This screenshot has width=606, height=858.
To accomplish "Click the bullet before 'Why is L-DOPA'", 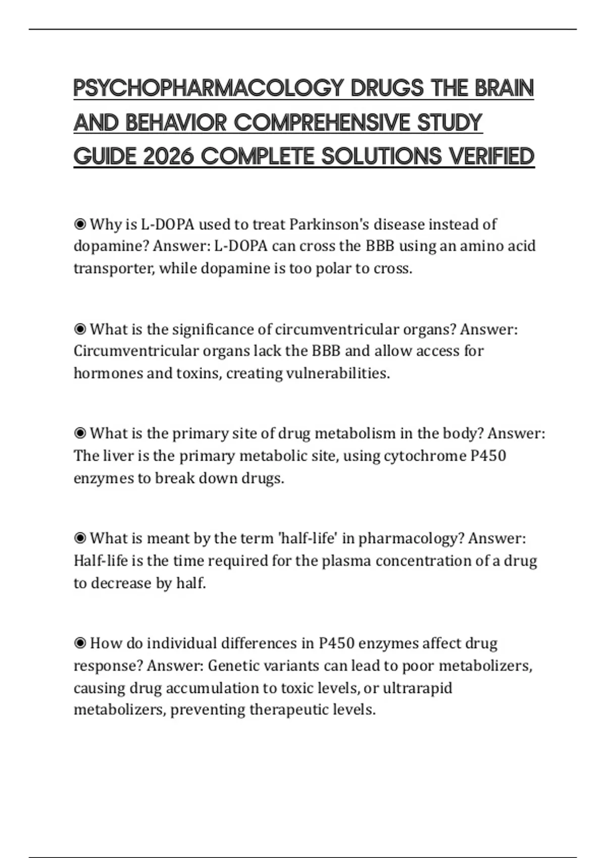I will [80, 224].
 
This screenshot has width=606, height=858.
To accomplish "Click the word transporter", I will [114, 268].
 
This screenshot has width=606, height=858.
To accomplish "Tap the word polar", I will [333, 268].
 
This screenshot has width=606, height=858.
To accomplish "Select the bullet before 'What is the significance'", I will [80, 329].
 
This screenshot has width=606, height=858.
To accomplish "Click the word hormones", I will [108, 373].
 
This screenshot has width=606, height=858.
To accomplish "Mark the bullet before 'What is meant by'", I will [80, 539].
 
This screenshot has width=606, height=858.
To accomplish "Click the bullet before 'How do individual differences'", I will [80, 644].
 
